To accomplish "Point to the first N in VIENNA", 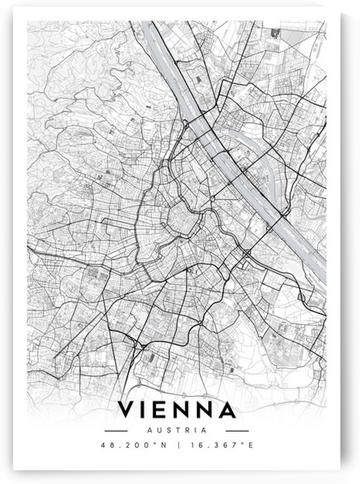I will click(183, 411).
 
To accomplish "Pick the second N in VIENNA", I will click(205, 411).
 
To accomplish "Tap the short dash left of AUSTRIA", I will click(116, 430).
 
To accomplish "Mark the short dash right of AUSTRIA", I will click(237, 430).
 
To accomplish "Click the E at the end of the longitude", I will click(248, 445).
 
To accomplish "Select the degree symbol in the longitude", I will click(242, 443).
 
